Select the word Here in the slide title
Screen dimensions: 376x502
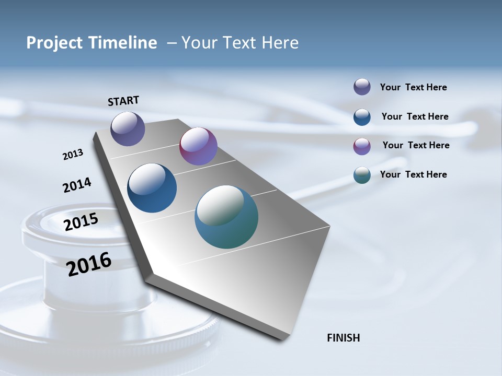[280, 43]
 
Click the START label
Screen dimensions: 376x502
[123, 101]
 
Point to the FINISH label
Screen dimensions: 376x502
[343, 338]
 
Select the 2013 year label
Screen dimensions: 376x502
[73, 155]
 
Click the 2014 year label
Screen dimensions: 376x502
[77, 185]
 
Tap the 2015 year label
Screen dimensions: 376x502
[81, 222]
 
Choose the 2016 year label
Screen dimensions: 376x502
[89, 264]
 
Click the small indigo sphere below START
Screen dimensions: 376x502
[128, 128]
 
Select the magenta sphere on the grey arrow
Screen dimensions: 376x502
[198, 146]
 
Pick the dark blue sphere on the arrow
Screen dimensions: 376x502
[152, 188]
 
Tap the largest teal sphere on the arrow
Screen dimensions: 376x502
[226, 217]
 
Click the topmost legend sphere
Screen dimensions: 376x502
[362, 87]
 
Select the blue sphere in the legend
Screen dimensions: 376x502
[362, 117]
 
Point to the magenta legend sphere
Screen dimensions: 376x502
[362, 146]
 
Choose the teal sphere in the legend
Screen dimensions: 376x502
[362, 175]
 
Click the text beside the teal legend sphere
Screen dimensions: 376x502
[413, 174]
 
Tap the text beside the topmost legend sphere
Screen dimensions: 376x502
[413, 87]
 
